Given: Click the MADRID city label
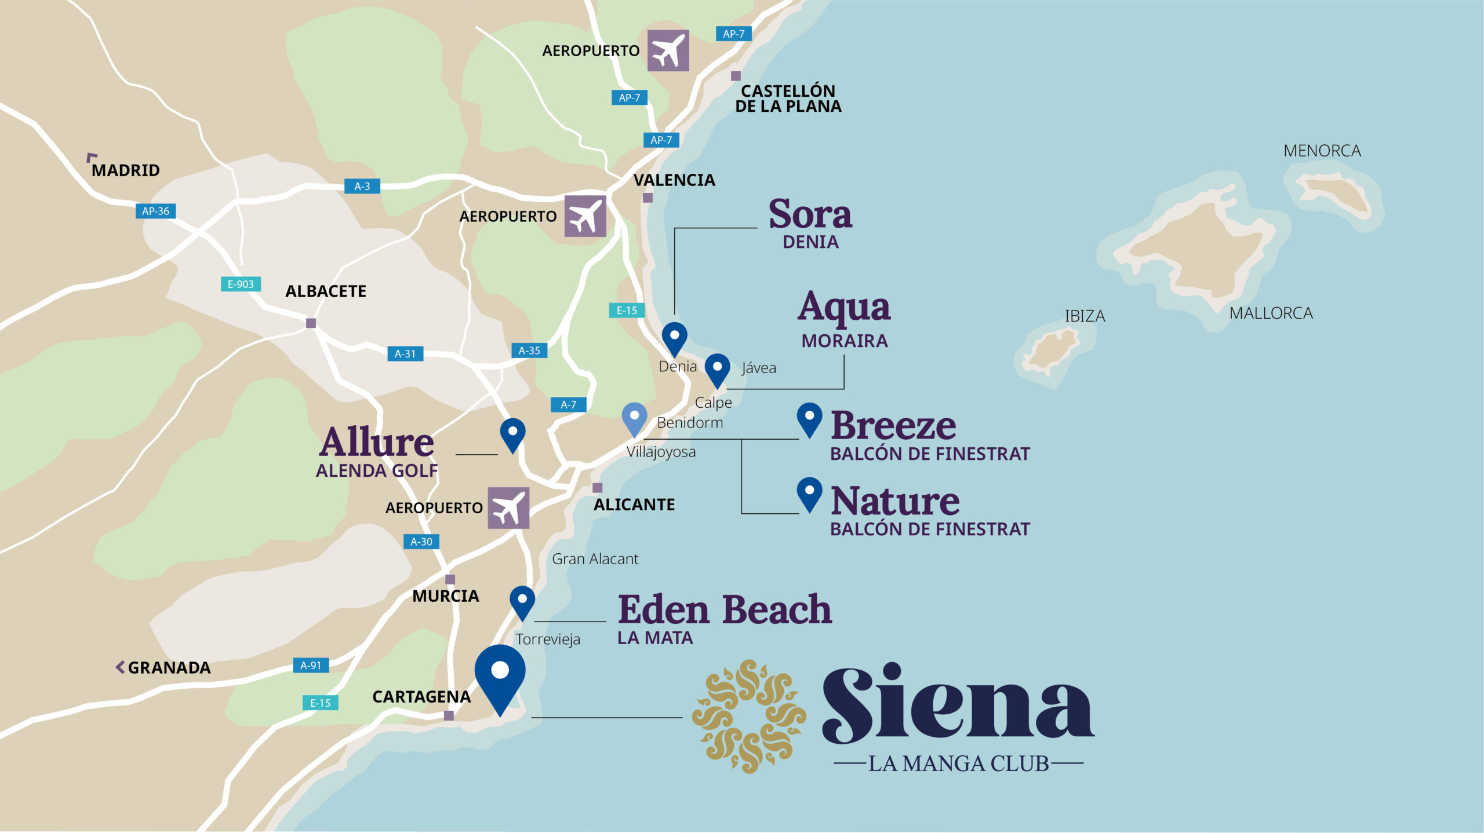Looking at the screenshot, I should point(125,170).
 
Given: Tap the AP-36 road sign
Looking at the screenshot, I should point(155,211).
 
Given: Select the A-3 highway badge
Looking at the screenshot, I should point(362,187).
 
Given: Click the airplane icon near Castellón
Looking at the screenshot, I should point(668,51).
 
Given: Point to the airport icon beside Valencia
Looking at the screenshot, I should point(585,217).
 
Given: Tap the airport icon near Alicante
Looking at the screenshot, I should point(508,508).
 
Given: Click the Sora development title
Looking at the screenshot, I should point(810,214).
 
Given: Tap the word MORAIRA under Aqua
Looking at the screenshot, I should point(844,341).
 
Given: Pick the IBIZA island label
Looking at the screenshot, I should point(1085,316).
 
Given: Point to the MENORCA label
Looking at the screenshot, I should point(1322,151).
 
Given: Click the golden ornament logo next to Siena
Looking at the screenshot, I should point(750,717).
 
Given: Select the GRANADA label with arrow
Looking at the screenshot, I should point(163,668).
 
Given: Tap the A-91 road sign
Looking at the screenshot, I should point(311,666).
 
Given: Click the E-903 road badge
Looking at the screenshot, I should point(241,284).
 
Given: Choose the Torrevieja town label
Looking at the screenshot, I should point(548,640).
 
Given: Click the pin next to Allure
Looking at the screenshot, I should point(512,434).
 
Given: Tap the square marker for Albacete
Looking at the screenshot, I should point(311,323).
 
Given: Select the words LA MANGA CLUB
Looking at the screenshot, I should point(958,764).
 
